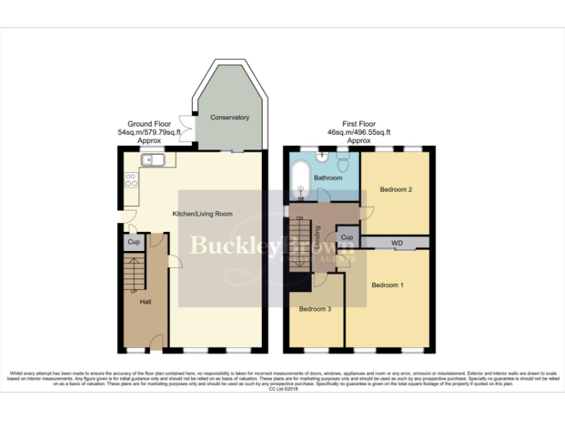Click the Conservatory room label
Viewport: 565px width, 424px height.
pos(230,118)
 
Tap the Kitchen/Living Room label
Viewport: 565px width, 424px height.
pos(202,214)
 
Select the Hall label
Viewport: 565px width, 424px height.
pos(146,303)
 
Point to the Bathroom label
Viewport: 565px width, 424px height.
pos(328,178)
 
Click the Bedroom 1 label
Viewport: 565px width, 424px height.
pos(387,285)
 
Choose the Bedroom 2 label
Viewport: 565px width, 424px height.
pos(395,190)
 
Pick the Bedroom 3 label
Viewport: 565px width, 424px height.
pos(315,309)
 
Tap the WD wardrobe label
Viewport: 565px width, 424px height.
pos(397,242)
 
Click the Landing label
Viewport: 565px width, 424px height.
pos(318,237)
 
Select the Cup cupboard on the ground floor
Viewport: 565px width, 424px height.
pos(133,242)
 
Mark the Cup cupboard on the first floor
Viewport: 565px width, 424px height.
pos(347,238)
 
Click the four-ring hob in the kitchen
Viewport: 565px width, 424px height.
pos(131,180)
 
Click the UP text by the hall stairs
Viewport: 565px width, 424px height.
pos(133,291)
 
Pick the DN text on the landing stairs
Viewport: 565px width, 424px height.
pos(299,219)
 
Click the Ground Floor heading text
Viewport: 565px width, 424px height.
pos(149,124)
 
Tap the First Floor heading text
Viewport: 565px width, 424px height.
pos(359,124)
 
